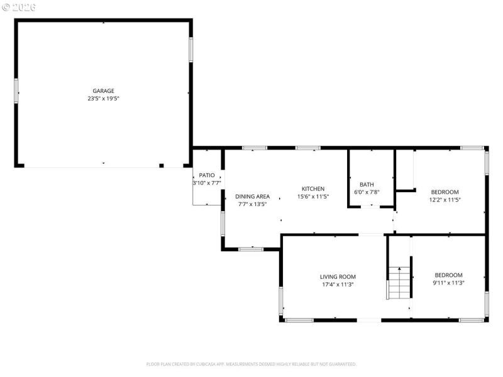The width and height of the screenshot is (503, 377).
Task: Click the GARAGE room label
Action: [104, 91]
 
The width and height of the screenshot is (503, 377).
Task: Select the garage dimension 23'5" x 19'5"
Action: [104, 99]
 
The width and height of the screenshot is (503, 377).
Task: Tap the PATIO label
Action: [207, 175]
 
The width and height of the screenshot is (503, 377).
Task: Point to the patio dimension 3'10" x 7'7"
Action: [207, 183]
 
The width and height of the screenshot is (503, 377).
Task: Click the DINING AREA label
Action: [253, 196]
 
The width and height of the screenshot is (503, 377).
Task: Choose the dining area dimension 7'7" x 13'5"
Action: [253, 204]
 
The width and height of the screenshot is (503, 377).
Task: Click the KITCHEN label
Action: [313, 188]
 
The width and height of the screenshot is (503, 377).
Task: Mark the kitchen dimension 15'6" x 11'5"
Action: [313, 196]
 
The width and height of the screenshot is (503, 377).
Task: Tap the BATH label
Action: [367, 184]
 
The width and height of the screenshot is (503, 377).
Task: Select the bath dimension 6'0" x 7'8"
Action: [367, 192]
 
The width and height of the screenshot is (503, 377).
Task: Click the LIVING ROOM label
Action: [338, 276]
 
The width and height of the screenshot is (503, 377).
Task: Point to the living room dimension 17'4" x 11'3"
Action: [338, 284]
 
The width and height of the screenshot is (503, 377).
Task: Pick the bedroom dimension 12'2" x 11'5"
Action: [445, 200]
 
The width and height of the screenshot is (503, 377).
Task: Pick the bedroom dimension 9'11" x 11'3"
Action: [448, 283]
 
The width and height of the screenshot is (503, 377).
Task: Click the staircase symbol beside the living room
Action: [398, 282]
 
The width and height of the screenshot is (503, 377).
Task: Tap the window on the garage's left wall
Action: [16, 90]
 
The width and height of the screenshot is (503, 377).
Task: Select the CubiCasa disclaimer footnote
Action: [251, 364]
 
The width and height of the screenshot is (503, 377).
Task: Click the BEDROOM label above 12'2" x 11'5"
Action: [445, 192]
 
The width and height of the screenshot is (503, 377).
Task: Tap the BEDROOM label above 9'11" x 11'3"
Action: [448, 275]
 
